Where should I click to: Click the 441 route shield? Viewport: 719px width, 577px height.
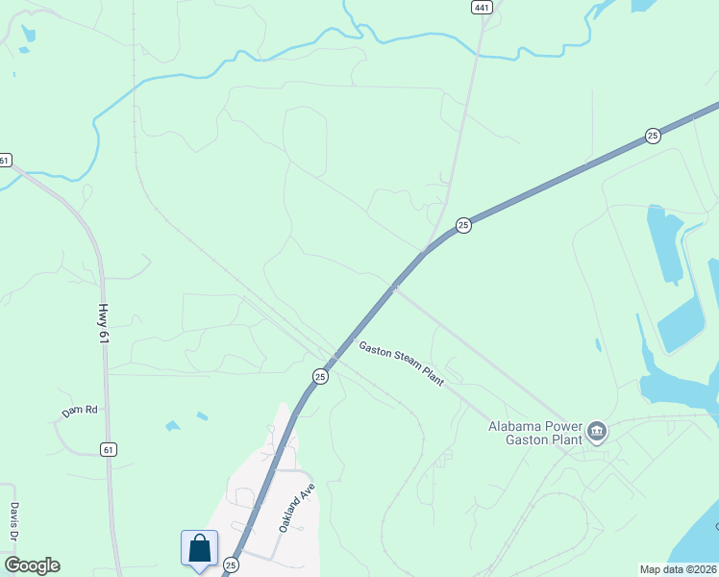click(482, 7)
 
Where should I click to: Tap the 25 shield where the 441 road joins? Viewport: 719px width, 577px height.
click(463, 225)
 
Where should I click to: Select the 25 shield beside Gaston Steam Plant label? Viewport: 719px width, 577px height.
click(320, 376)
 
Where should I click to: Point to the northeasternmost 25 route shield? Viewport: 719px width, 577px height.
click(653, 136)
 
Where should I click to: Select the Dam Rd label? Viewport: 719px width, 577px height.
click(80, 411)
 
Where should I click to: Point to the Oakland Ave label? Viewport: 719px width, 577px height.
click(297, 507)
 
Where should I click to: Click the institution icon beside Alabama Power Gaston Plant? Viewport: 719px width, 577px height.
click(597, 432)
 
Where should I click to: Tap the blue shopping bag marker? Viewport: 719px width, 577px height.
click(199, 548)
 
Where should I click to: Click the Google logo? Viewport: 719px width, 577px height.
click(32, 565)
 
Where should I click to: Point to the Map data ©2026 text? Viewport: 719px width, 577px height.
click(679, 569)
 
